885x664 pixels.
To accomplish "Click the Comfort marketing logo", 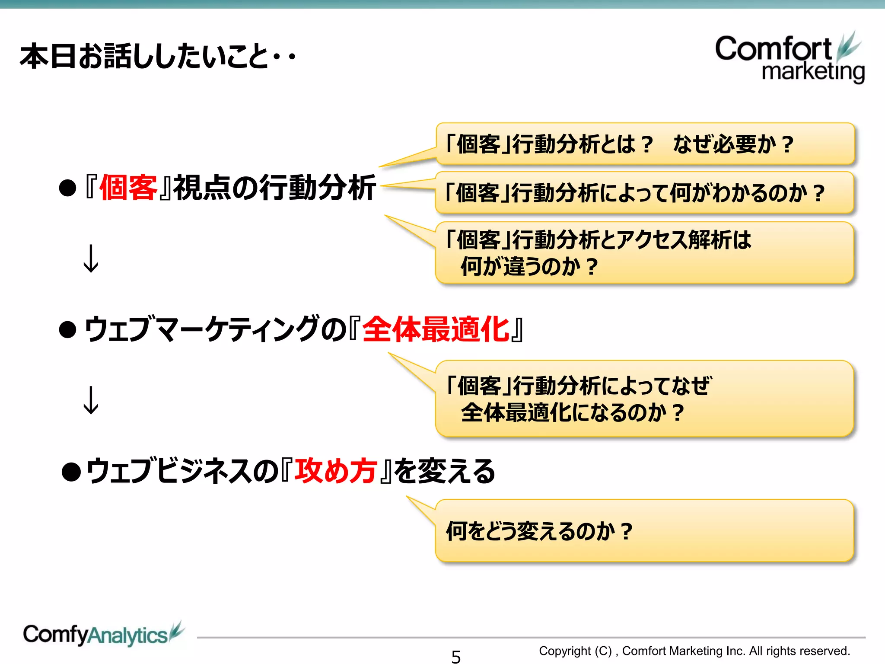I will [x=789, y=58].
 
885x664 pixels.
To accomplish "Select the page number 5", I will [x=456, y=656].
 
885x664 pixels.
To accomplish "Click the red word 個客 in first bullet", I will [x=128, y=188].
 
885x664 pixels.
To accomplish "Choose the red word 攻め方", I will [x=336, y=471].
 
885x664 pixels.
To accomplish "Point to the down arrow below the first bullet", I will [x=91, y=259].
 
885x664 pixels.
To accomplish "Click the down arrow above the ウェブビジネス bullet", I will [x=91, y=400].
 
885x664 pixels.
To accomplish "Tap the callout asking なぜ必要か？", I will [x=645, y=144].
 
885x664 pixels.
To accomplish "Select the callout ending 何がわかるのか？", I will [x=645, y=193].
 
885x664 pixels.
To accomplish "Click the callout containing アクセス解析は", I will [x=645, y=252].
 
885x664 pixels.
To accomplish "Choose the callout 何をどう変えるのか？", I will [x=645, y=531].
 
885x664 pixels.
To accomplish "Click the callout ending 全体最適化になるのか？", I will [x=645, y=399].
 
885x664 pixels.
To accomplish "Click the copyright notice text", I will [x=694, y=651].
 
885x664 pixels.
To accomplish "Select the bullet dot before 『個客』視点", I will [x=68, y=188].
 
